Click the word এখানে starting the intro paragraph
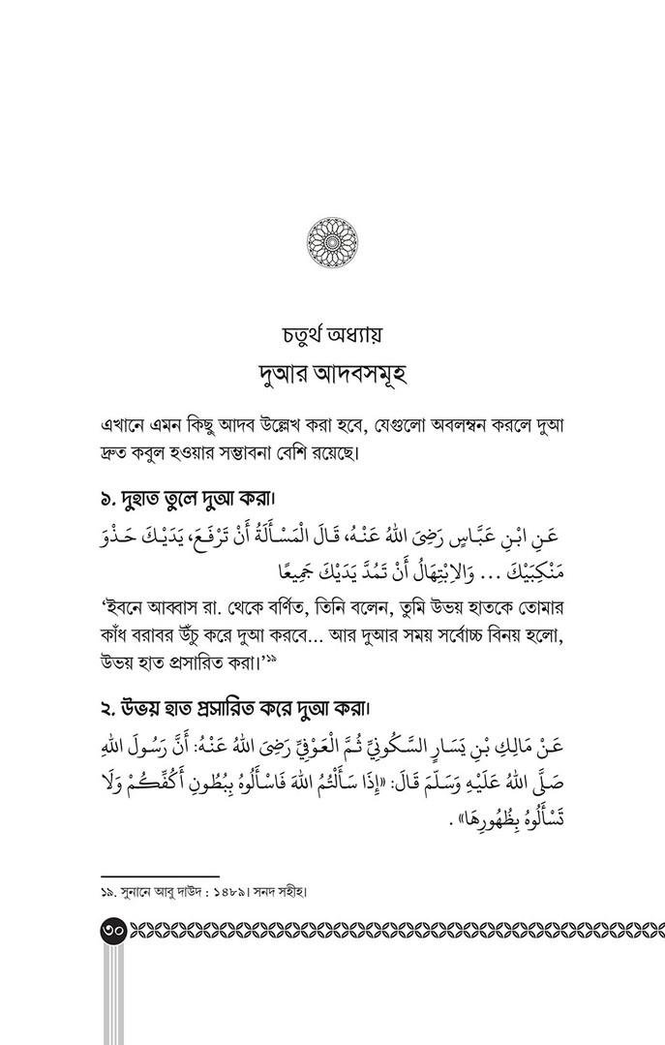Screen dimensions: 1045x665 coord(126,427)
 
